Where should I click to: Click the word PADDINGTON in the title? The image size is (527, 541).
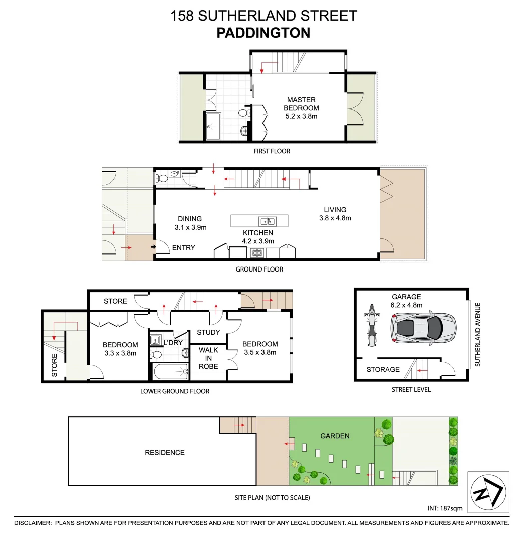[x=263, y=33]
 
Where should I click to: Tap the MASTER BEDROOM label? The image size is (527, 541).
[x=301, y=104]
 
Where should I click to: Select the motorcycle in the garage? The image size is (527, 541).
[x=371, y=325]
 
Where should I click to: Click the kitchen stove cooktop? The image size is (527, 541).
[x=257, y=253]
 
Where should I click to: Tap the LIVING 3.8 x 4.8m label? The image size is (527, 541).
[x=335, y=214]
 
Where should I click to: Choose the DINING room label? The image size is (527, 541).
[x=190, y=223]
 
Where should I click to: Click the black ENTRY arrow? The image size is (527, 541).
[x=153, y=246]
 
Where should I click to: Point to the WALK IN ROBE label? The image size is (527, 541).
[x=208, y=358]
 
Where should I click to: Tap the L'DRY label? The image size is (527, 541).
[x=173, y=342]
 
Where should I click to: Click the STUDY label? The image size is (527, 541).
[x=208, y=332]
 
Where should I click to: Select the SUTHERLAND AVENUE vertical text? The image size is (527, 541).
[x=478, y=334]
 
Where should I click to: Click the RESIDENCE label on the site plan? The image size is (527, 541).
[x=165, y=453]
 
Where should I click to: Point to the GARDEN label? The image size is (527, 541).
[x=335, y=436]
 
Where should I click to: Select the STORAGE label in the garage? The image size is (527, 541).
[x=383, y=370]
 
